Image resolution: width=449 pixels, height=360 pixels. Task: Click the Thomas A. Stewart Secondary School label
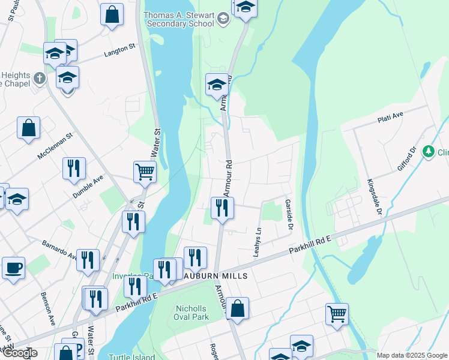[179, 19]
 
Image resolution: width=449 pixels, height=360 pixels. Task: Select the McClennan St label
[55, 146]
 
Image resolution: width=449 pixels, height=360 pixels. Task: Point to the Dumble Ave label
[88, 187]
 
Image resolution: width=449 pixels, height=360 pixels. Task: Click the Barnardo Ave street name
[59, 250]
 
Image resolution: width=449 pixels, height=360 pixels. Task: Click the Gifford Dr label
[406, 158]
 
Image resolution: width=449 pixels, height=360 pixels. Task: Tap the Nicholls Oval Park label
[191, 313]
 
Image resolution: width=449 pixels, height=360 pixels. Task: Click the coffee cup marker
[13, 268]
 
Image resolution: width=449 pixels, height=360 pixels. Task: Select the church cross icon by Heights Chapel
[40, 78]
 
